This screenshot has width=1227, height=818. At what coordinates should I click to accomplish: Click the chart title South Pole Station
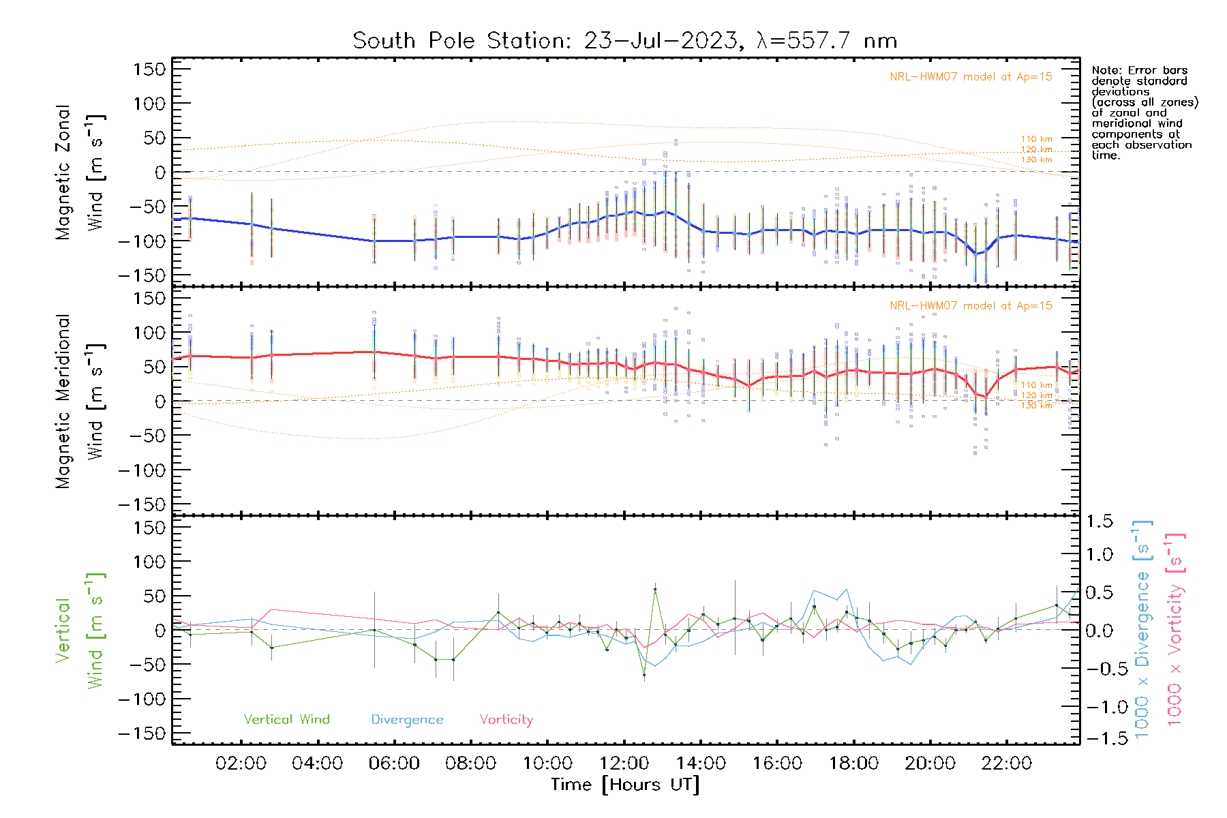point(624,41)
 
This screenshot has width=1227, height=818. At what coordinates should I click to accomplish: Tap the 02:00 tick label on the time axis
point(241,763)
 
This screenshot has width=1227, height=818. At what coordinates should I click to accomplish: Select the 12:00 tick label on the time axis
point(624,763)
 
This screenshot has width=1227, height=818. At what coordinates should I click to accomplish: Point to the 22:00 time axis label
point(1006,763)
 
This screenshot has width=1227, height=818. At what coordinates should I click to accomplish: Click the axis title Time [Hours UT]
point(625,785)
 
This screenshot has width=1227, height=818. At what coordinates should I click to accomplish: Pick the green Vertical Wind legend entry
point(286,719)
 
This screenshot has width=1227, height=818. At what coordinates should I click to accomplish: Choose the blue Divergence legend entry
point(407,719)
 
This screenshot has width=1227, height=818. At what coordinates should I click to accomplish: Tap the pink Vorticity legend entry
point(506,719)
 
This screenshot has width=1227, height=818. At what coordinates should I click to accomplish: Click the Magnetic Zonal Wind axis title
point(80,172)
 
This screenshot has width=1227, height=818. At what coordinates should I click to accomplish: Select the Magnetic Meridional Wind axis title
point(80,401)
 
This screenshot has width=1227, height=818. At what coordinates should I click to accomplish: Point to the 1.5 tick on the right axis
point(1099,521)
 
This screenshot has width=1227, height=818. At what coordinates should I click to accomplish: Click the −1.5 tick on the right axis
point(1099,738)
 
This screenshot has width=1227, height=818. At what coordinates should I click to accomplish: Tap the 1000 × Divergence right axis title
point(1142,629)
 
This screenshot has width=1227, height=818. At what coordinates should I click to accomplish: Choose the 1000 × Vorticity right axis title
point(1175,629)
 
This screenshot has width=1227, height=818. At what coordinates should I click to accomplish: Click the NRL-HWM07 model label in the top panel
point(971,76)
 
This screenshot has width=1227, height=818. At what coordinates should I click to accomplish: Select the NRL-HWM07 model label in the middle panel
point(971,305)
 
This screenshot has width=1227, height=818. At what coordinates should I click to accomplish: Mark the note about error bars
point(1144,112)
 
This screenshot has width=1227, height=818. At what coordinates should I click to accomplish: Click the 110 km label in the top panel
point(1036,139)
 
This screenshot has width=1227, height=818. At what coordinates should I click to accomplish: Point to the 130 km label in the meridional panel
point(1036,406)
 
